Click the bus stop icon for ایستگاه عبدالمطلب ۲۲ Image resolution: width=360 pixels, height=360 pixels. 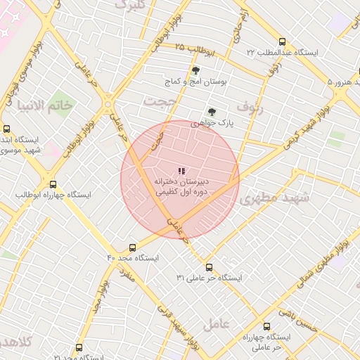tap(282, 41)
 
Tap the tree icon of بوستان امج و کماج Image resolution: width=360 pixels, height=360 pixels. tap(195, 70)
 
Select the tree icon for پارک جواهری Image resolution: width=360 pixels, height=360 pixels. tap(212, 111)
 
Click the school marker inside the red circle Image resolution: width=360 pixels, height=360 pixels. tap(181, 171)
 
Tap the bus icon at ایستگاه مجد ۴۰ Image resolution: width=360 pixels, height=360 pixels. tap(133, 247)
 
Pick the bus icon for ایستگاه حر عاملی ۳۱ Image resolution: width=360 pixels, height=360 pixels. tap(209, 267)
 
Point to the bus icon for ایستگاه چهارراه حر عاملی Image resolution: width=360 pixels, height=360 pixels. tap(266, 326)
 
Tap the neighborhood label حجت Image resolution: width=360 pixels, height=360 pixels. tap(158, 101)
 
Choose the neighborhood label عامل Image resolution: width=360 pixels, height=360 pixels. tap(217, 324)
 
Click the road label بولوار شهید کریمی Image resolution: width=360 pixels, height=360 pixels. tap(305, 127)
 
